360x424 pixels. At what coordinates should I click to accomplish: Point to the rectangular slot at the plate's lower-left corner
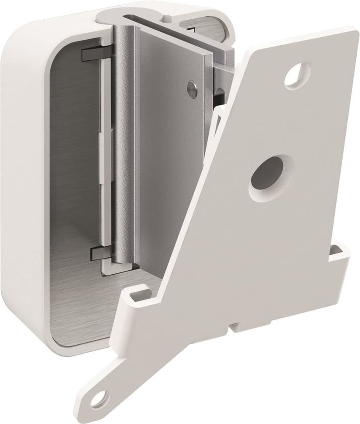tap(137, 296)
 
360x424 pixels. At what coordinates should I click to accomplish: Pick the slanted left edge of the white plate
tap(198, 188)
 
